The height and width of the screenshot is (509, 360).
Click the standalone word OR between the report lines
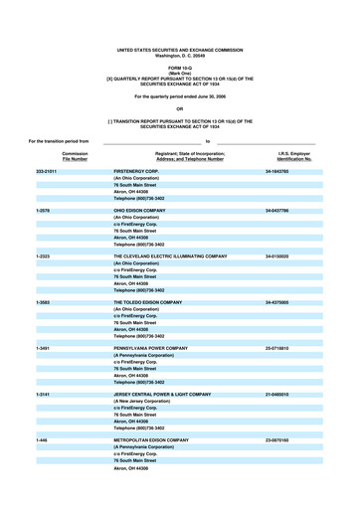pyautogui.click(x=180, y=110)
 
